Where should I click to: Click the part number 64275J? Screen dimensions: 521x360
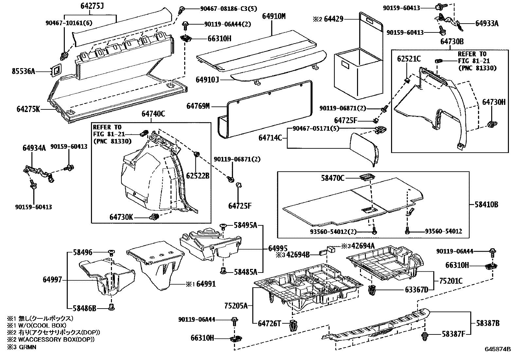92,6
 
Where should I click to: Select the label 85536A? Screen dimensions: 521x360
23,71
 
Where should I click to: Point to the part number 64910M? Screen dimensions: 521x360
274,16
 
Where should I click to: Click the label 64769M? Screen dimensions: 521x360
198,106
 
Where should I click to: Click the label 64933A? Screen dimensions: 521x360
487,24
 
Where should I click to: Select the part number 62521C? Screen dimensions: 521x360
409,59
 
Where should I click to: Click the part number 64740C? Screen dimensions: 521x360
153,114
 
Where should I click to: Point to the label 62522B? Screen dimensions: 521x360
198,176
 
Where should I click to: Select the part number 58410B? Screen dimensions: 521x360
486,204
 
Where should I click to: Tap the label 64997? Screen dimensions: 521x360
52,279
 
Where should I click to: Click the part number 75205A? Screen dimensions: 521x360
236,306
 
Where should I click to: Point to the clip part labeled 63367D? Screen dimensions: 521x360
372,290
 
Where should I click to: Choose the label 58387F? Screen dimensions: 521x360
454,334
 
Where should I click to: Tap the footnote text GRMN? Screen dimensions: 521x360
27,347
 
